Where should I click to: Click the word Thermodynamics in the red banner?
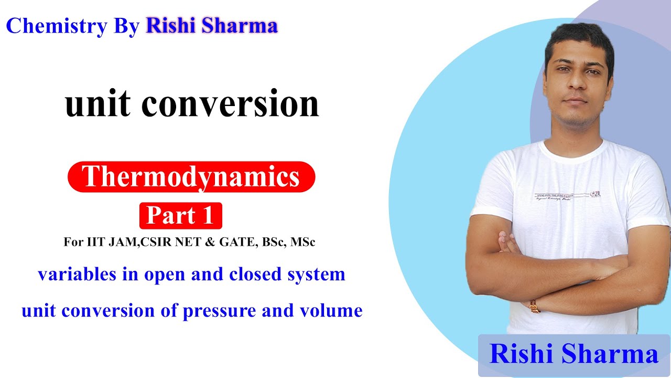click(191, 176)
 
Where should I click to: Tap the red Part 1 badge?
click(180, 215)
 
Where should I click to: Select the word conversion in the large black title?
click(230, 103)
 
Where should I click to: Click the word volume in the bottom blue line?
click(331, 311)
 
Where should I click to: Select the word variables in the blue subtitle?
click(70, 274)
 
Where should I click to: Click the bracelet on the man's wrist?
click(535, 306)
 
